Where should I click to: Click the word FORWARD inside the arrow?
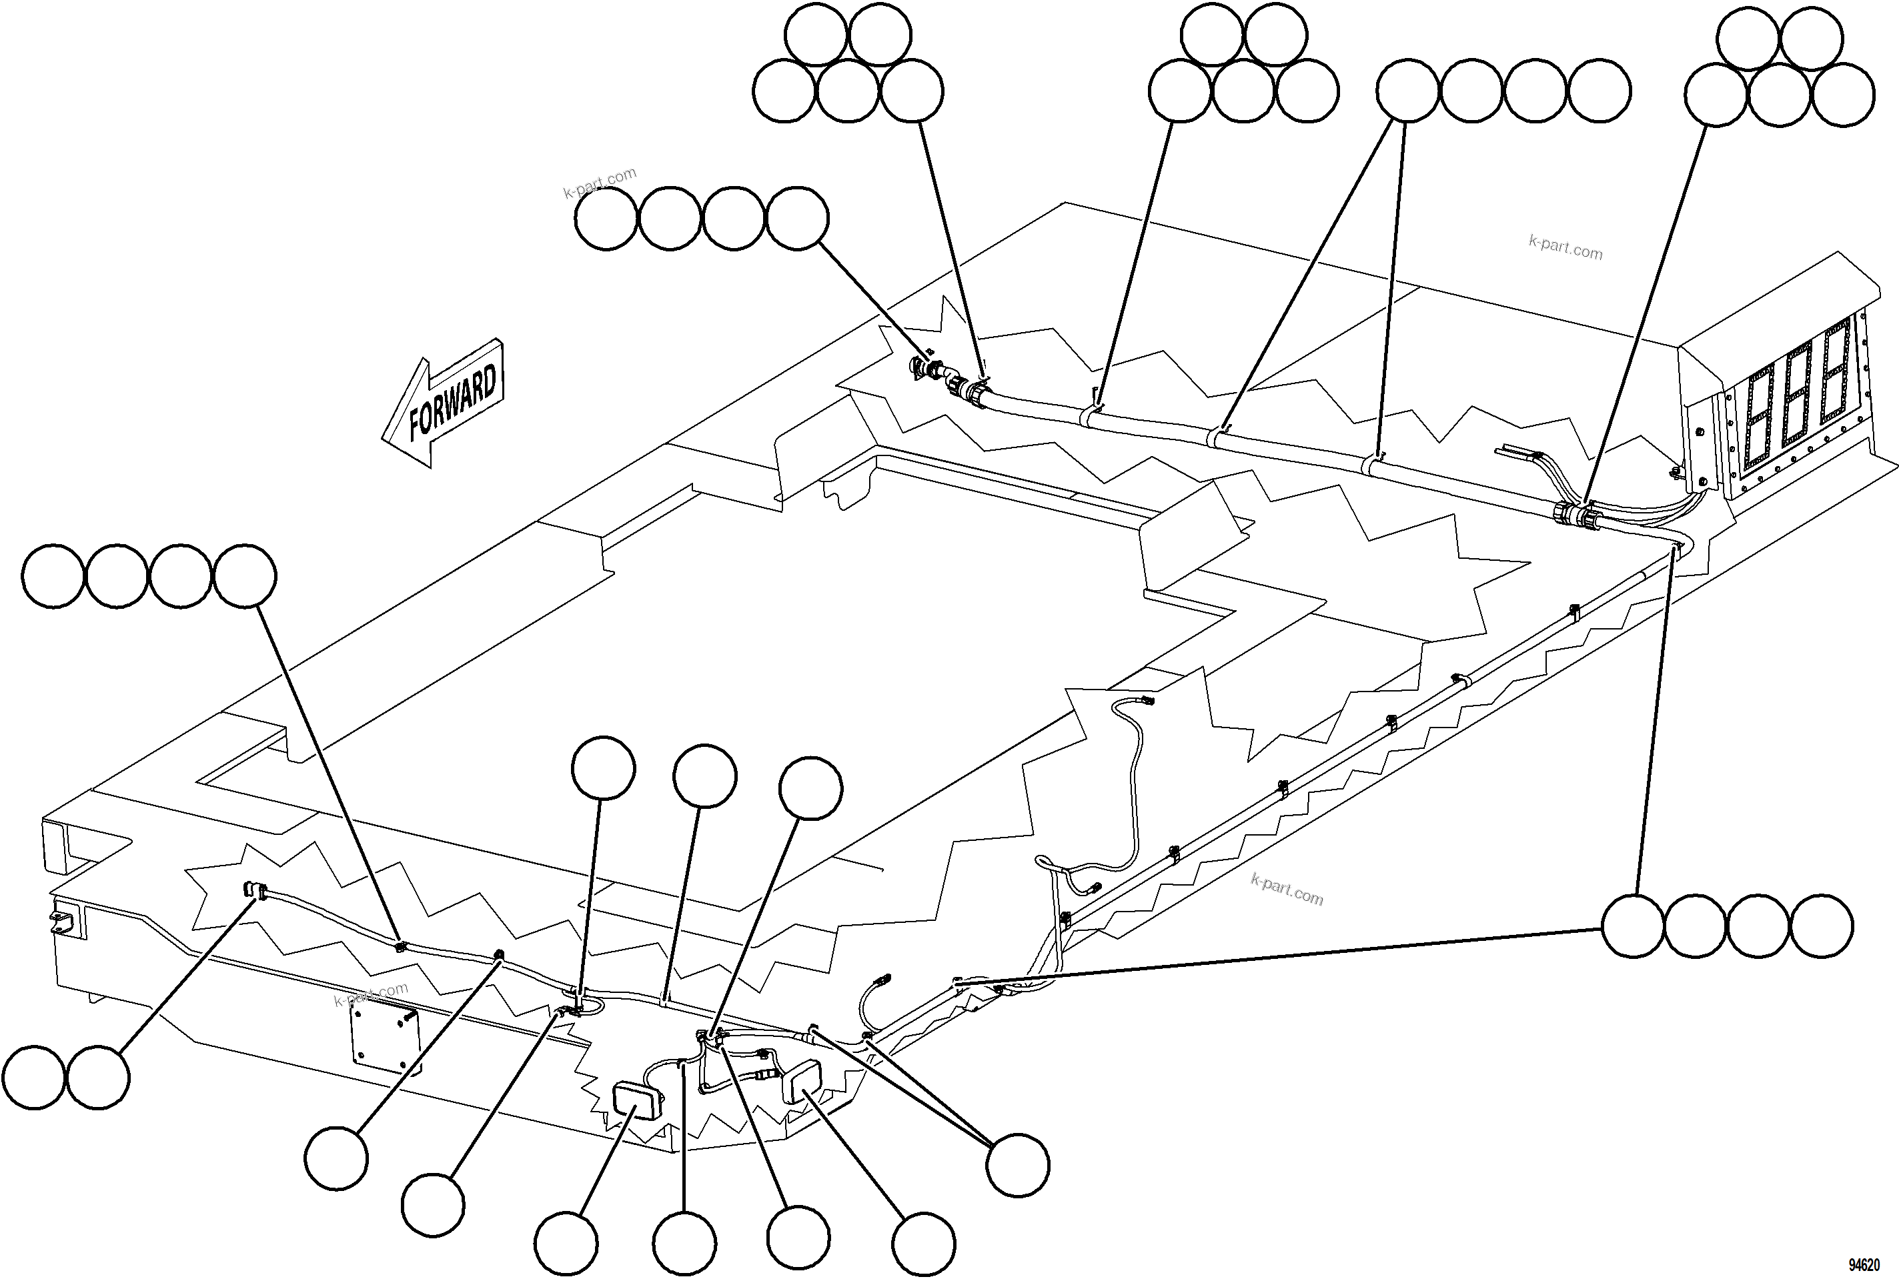(453, 401)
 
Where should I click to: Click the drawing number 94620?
(1863, 1265)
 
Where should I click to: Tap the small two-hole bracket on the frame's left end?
(62, 922)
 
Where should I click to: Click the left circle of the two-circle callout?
(33, 1078)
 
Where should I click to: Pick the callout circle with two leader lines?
(1017, 1165)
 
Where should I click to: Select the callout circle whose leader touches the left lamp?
(566, 1244)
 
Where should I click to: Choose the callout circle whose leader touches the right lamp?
(922, 1244)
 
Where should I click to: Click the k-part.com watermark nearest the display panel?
(1565, 247)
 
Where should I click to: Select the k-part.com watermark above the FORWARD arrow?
(600, 182)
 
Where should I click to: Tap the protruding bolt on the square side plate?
(408, 1018)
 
